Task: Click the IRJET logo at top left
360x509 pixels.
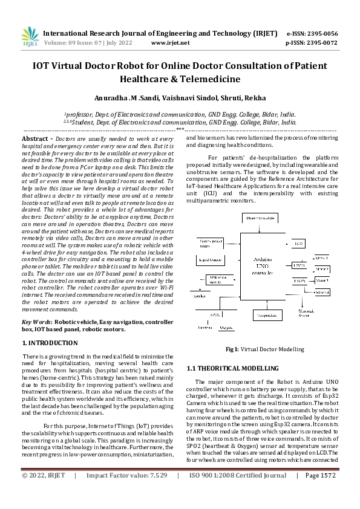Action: coord(27,36)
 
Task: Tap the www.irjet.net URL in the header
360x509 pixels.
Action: coord(170,43)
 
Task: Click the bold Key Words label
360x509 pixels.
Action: coord(36,322)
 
